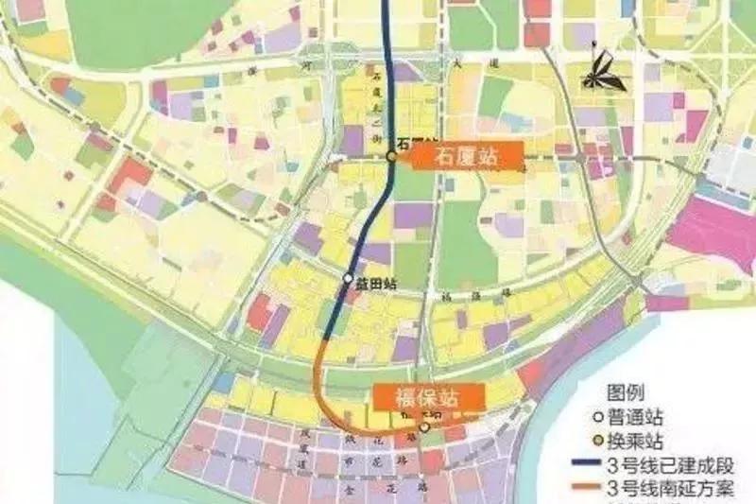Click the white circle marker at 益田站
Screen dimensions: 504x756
349,279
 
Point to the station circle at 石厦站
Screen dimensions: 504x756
390,157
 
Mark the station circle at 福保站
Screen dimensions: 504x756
424,427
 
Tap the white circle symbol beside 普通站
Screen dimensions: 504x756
612,420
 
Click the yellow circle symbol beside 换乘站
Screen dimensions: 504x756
612,442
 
